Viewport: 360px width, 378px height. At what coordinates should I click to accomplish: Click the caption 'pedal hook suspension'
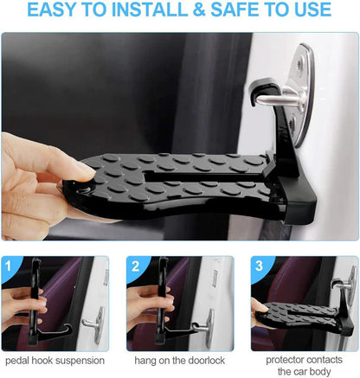(55, 358)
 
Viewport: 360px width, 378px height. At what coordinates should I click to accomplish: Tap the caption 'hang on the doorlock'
(179, 358)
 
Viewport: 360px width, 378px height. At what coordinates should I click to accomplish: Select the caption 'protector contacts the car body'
(303, 364)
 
